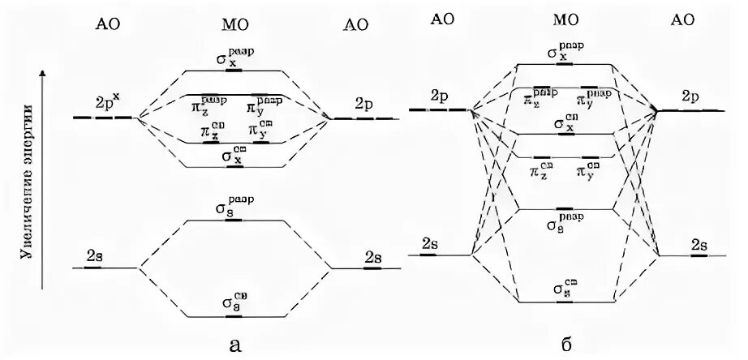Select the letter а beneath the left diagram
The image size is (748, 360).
pyautogui.click(x=235, y=345)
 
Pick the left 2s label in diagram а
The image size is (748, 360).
pyautogui.click(x=95, y=255)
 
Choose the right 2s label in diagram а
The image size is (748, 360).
pyautogui.click(x=373, y=257)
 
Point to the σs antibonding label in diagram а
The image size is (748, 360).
pyautogui.click(x=234, y=209)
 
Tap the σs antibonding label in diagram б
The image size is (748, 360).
pyautogui.click(x=562, y=220)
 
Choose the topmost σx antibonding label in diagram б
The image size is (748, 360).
pyautogui.click(x=564, y=51)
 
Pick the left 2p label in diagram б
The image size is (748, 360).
pyautogui.click(x=441, y=96)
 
